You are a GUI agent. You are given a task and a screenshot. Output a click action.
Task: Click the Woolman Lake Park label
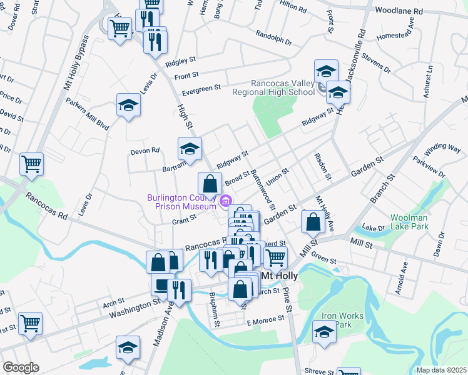point(409,222)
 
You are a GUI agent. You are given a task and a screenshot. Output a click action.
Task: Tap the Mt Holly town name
point(278,276)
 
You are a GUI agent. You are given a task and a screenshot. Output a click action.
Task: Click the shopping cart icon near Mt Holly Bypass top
point(120,27)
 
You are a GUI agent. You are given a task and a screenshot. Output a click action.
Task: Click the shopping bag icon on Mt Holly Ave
point(313,221)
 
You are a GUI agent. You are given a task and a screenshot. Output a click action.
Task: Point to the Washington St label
point(132,306)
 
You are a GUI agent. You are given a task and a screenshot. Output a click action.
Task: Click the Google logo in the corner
point(21,367)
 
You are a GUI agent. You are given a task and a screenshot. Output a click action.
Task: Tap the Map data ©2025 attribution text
point(441,369)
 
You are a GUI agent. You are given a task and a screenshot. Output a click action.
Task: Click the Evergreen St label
point(201,91)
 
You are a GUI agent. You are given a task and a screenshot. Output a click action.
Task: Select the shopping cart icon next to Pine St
point(275,256)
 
